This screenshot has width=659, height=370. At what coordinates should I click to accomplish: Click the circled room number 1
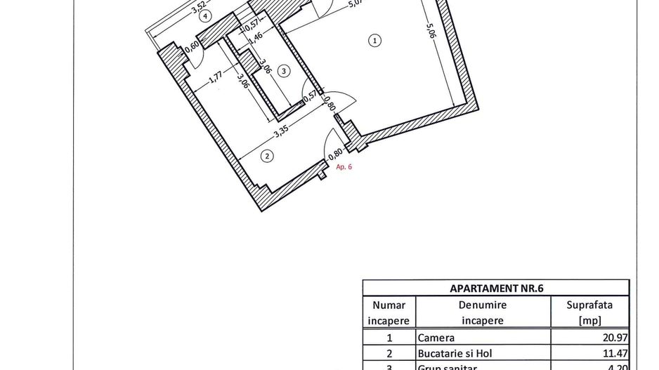click(x=376, y=41)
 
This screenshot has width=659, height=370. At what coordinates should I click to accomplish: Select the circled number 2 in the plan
click(x=267, y=156)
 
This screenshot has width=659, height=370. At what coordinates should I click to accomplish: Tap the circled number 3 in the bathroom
click(x=283, y=70)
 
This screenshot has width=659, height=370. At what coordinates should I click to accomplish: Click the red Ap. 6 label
click(x=344, y=167)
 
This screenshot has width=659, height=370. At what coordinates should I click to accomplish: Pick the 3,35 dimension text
click(x=283, y=128)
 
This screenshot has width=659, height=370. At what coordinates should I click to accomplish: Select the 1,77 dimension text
click(x=216, y=75)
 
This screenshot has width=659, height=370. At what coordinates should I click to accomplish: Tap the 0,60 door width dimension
click(x=193, y=47)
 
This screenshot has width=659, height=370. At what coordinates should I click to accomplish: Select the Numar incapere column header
click(x=389, y=312)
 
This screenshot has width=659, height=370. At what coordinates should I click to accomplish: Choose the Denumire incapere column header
click(x=483, y=312)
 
